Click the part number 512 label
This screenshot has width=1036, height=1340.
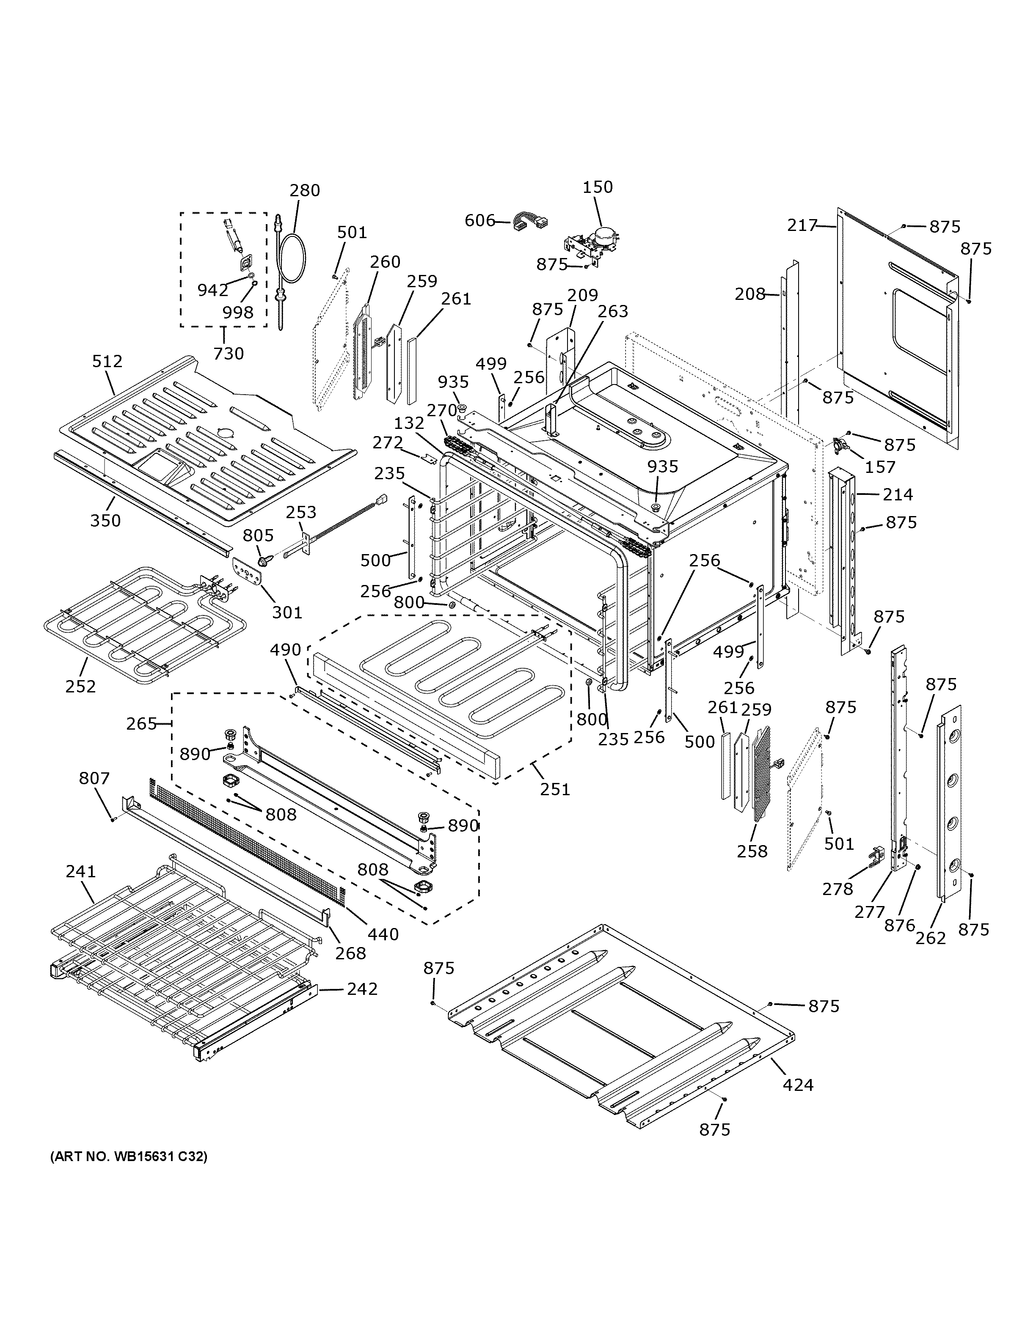107,361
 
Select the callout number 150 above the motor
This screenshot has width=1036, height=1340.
597,187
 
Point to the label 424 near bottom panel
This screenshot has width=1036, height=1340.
798,1085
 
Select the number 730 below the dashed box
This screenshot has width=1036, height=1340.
228,354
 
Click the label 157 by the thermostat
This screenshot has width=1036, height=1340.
880,467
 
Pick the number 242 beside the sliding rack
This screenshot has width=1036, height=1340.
362,989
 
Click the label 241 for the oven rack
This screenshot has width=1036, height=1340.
80,871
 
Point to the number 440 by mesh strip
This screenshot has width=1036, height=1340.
383,934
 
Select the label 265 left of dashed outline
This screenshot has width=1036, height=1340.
142,724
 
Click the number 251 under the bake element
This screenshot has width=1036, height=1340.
555,788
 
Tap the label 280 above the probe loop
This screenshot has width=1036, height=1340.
305,190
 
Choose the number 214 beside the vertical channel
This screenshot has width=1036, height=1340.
898,494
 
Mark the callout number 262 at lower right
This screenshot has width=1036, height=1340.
931,937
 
